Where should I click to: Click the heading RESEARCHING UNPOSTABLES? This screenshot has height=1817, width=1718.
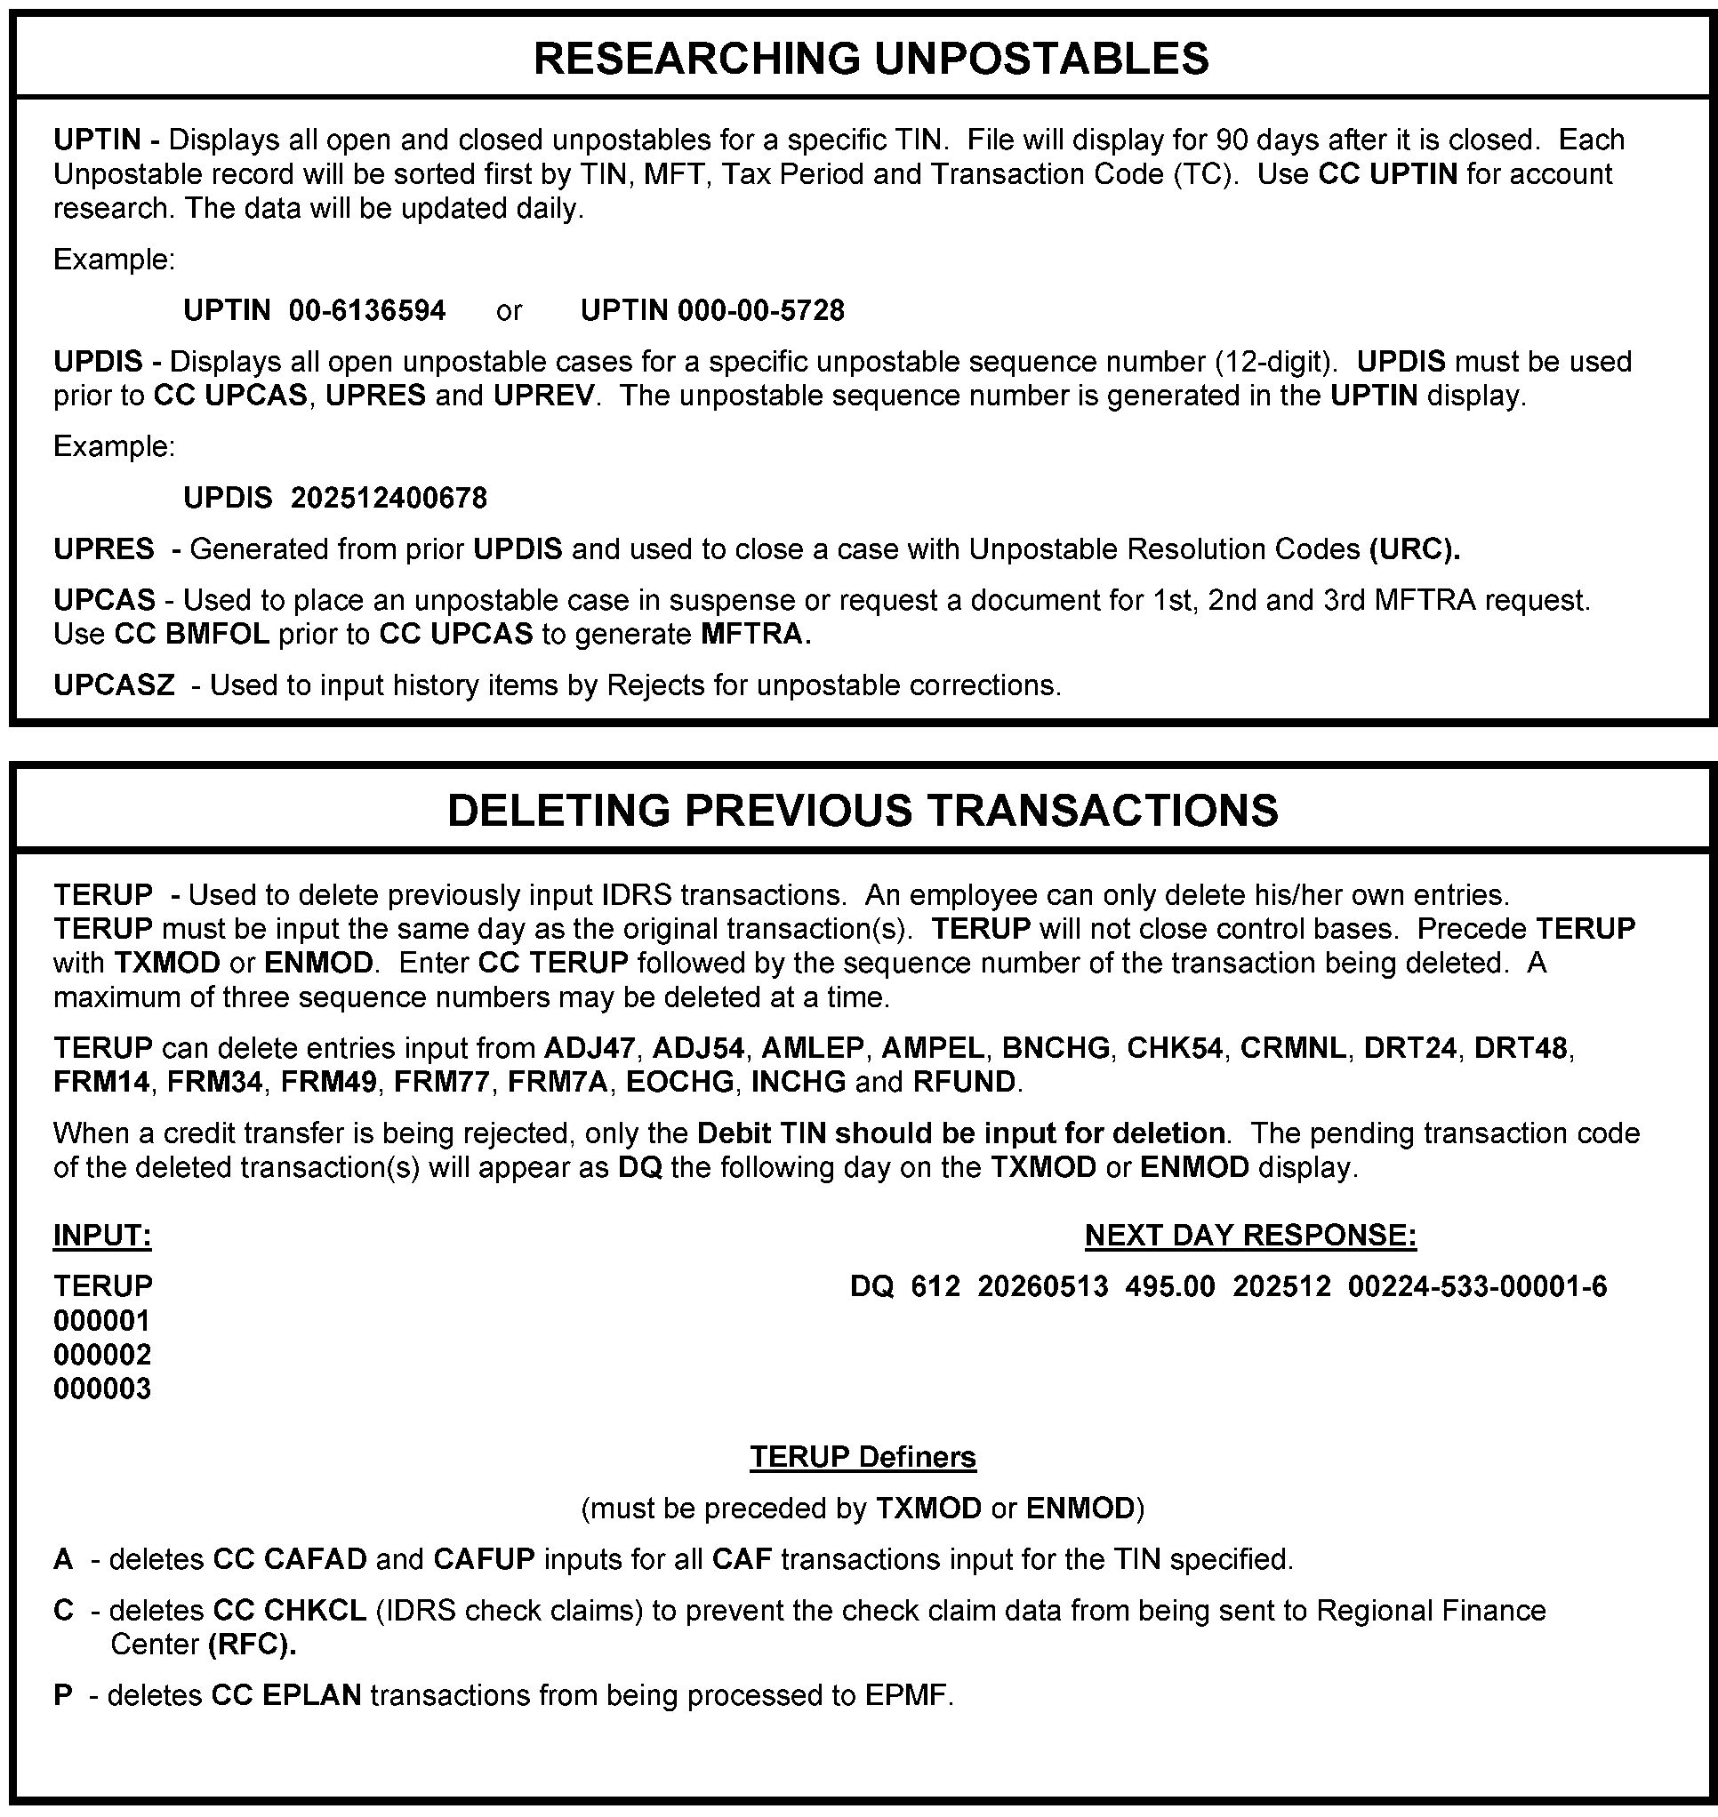tap(871, 59)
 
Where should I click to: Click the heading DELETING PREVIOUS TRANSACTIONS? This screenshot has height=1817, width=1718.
tap(862, 811)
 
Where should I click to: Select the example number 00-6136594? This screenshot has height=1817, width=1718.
tap(367, 311)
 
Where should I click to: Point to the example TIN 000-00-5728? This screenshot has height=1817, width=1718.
tap(760, 311)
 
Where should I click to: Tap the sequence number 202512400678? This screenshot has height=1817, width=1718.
tap(389, 498)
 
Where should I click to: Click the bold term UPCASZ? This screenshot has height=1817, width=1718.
tap(114, 685)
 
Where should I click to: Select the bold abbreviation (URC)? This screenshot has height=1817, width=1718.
tap(1414, 549)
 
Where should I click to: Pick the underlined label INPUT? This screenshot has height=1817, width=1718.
tap(102, 1236)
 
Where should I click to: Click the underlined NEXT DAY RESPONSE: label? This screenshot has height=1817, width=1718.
tap(1250, 1236)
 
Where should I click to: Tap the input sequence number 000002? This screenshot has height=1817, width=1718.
tap(102, 1355)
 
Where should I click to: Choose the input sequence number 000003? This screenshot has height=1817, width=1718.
tap(102, 1389)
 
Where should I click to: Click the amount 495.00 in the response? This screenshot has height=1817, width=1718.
tap(1169, 1287)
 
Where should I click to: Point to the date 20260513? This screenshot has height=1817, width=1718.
tap(1042, 1287)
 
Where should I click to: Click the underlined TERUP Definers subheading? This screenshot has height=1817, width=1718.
tap(863, 1457)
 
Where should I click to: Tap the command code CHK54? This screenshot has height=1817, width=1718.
tap(1174, 1048)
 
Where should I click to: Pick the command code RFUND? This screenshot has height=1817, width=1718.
tap(963, 1083)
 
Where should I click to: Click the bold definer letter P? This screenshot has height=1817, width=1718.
tap(63, 1695)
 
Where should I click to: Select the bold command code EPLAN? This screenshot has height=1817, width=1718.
tap(311, 1695)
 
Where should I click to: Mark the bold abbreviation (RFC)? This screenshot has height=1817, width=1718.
tap(252, 1645)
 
